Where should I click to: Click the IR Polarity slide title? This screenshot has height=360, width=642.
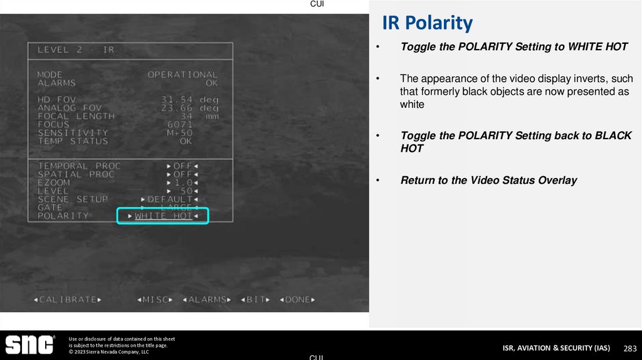(x=427, y=23)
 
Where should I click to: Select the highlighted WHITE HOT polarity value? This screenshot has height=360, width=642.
(x=163, y=216)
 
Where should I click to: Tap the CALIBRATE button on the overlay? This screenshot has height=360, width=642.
(x=68, y=300)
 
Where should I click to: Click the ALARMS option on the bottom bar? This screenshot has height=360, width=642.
(x=207, y=300)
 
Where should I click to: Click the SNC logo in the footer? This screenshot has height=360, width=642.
(x=30, y=345)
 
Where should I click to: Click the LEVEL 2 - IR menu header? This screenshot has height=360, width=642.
(x=76, y=50)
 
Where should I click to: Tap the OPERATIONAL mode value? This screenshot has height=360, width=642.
(x=182, y=75)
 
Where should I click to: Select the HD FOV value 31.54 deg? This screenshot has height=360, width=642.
(x=189, y=100)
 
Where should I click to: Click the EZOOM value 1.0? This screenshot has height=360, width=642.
(x=183, y=183)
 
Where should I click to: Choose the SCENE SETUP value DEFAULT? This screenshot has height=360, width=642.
(x=170, y=199)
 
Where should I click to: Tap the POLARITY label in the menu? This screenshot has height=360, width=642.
(x=63, y=216)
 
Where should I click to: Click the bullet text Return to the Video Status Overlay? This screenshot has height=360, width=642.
(x=488, y=181)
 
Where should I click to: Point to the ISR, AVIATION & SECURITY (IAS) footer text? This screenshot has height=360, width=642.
(x=555, y=348)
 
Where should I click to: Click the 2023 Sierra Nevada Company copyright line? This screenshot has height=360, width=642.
(x=108, y=352)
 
